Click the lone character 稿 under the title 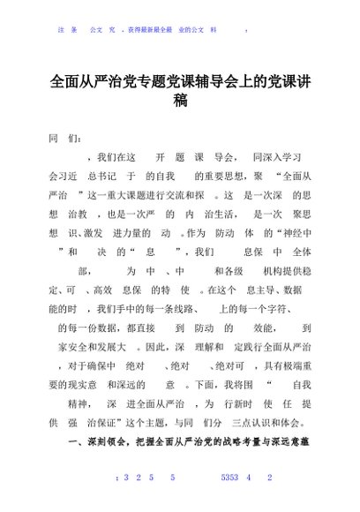coord(180,101)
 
